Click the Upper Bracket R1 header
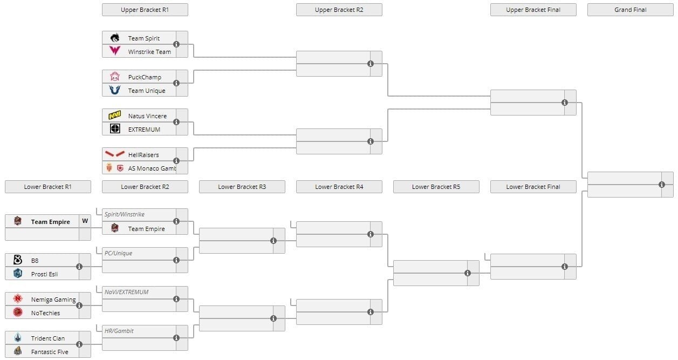pyautogui.click(x=145, y=10)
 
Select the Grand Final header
pyautogui.click(x=630, y=10)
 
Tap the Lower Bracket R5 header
pyautogui.click(x=436, y=187)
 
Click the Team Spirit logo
pyautogui.click(x=115, y=38)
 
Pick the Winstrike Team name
pyautogui.click(x=149, y=52)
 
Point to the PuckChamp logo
pyautogui.click(x=115, y=77)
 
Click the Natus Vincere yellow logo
pyautogui.click(x=115, y=116)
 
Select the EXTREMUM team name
pyautogui.click(x=144, y=130)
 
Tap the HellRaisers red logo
pyautogui.click(x=115, y=154)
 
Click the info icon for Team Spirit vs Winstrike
pyautogui.click(x=176, y=44)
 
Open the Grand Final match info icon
pyautogui.click(x=662, y=185)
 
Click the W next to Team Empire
pyautogui.click(x=85, y=221)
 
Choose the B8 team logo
pyautogui.click(x=18, y=260)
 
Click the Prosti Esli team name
pyautogui.click(x=44, y=274)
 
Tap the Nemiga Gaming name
pyautogui.click(x=53, y=300)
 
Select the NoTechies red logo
pyautogui.click(x=18, y=312)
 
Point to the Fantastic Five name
pyautogui.click(x=50, y=352)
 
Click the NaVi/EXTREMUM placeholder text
pyautogui.click(x=127, y=292)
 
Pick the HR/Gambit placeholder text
pyautogui.click(x=119, y=331)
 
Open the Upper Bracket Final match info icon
pyautogui.click(x=565, y=103)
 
